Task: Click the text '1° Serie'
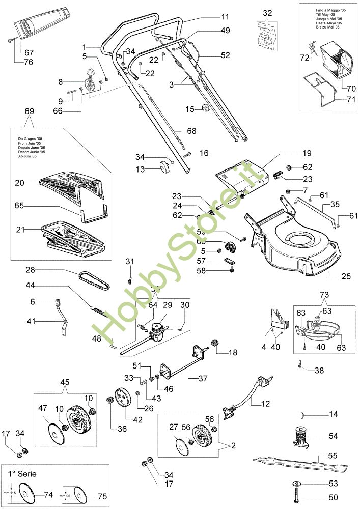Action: click(22, 473)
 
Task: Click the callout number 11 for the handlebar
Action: click(225, 17)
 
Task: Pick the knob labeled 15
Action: click(206, 108)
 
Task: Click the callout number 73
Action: click(325, 295)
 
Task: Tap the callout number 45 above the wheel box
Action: click(65, 383)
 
